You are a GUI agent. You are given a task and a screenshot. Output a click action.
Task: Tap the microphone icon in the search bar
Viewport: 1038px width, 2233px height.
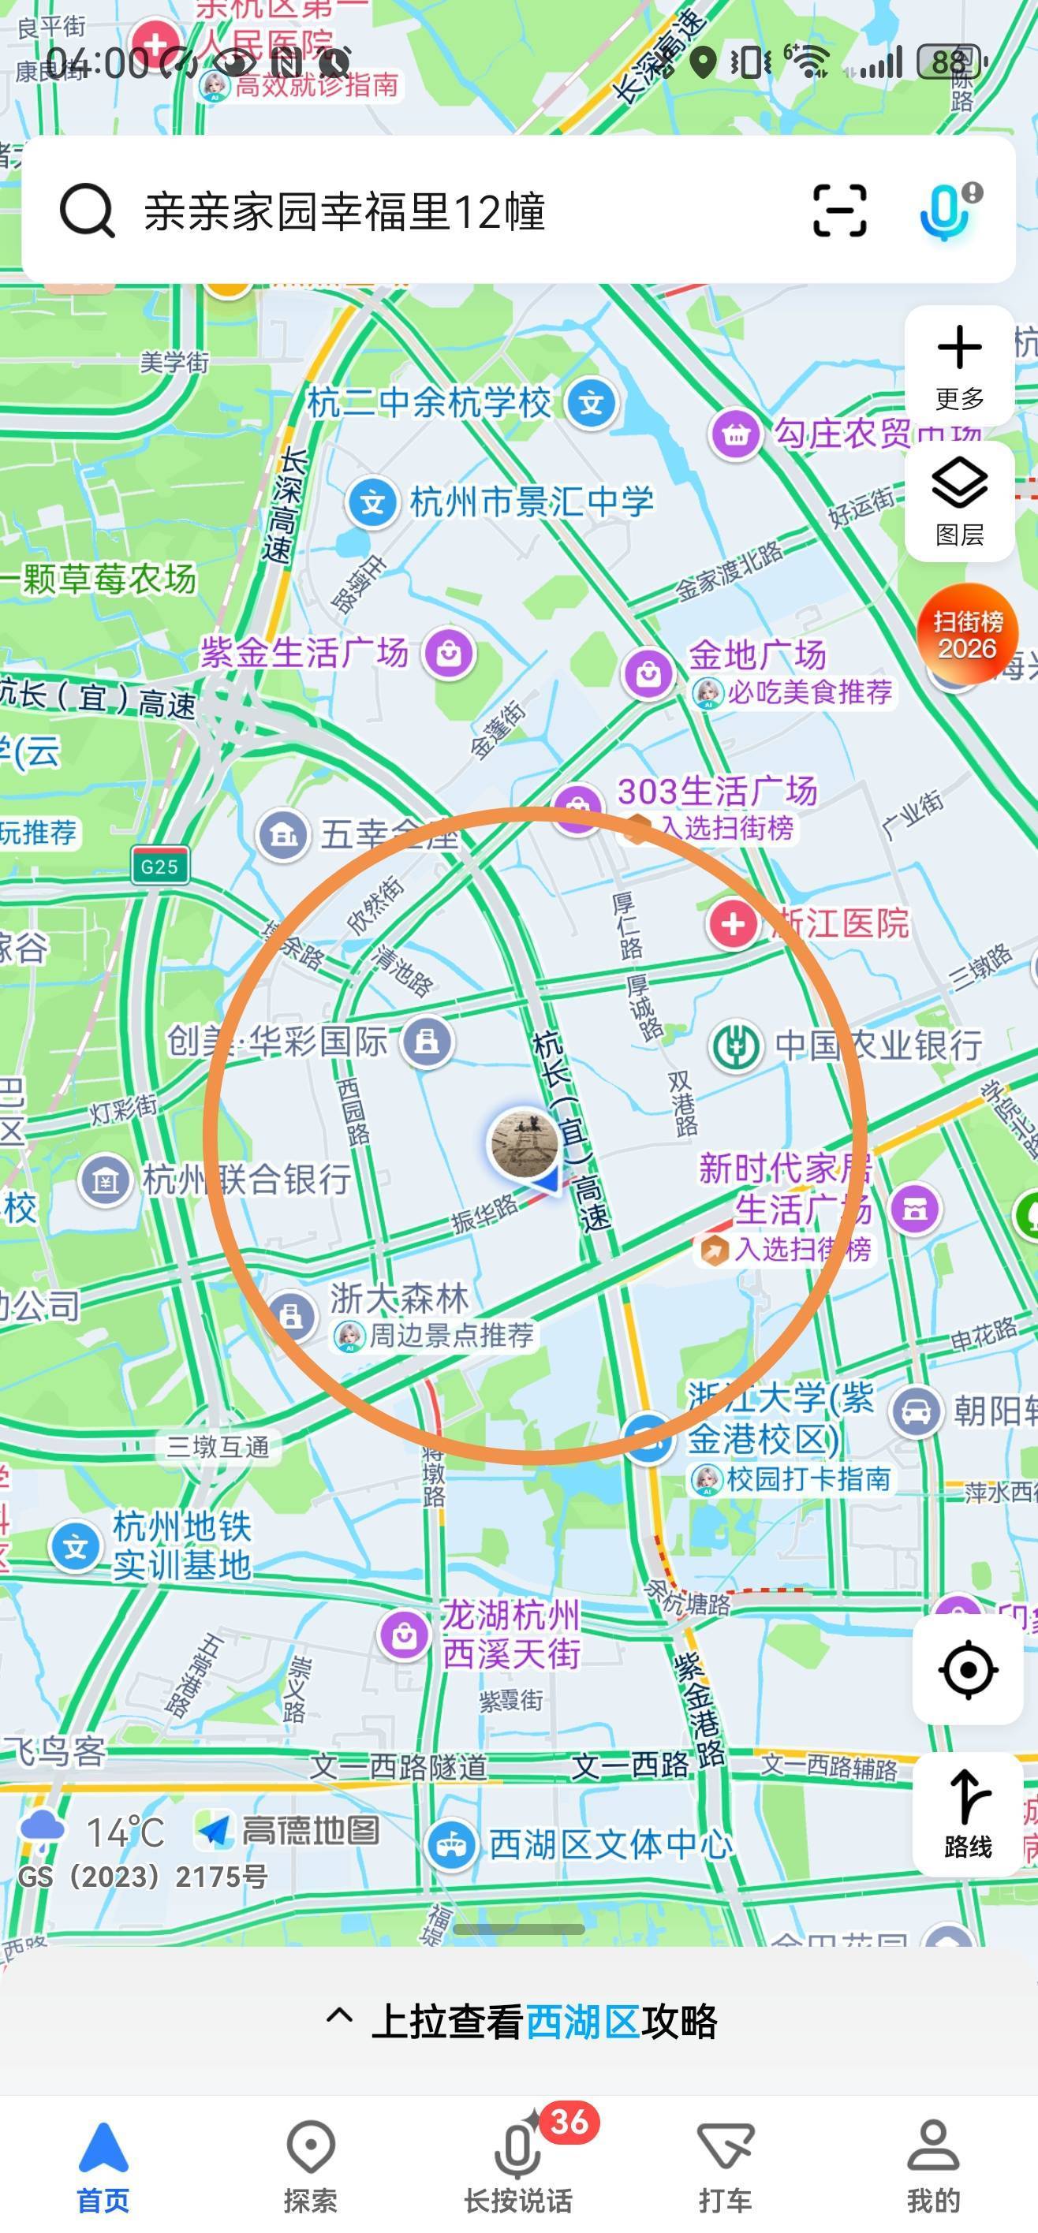tap(947, 211)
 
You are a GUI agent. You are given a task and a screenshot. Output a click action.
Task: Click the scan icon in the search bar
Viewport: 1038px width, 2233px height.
tap(839, 211)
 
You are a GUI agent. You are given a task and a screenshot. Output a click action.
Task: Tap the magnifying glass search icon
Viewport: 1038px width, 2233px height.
tap(87, 211)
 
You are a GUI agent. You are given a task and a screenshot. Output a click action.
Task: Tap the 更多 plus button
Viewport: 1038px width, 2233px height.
tap(959, 365)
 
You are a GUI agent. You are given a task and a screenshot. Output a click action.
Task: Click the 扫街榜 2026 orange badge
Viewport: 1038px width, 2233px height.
tap(967, 635)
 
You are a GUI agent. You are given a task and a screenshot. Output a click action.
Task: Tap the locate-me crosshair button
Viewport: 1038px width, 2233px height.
tap(968, 1668)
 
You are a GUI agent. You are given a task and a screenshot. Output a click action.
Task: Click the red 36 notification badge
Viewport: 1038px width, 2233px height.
tap(569, 2121)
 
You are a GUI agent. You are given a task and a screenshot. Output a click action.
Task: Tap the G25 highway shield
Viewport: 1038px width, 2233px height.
tap(159, 865)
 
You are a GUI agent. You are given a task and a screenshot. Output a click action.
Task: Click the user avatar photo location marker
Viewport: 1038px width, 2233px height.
tap(524, 1143)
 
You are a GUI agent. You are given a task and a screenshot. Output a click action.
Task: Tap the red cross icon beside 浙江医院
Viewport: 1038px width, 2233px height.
tap(734, 924)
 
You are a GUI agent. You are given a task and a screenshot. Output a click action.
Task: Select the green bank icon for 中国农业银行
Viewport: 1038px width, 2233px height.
tap(736, 1046)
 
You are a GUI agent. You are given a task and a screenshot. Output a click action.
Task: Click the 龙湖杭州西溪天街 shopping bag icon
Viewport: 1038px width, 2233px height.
tap(404, 1635)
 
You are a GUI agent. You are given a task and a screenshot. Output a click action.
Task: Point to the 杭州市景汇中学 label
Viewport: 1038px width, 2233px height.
tap(531, 501)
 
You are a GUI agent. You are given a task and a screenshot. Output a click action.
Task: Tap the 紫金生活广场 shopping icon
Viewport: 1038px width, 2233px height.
tap(449, 652)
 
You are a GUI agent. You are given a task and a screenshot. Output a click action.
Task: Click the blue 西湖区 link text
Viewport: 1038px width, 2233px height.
tap(583, 2021)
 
